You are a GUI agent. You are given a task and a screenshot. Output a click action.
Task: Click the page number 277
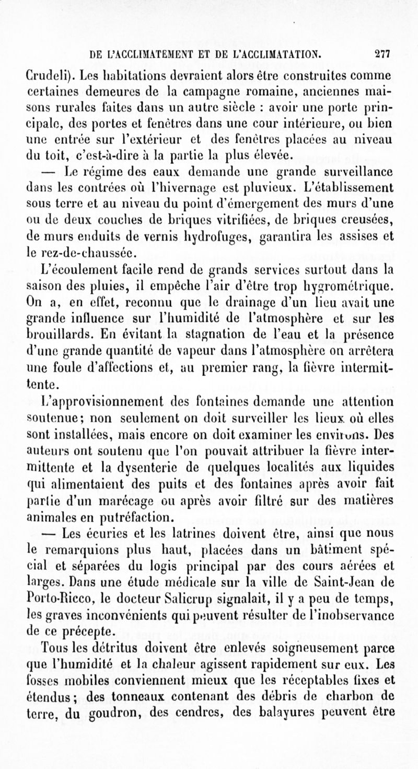coord(384,54)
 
